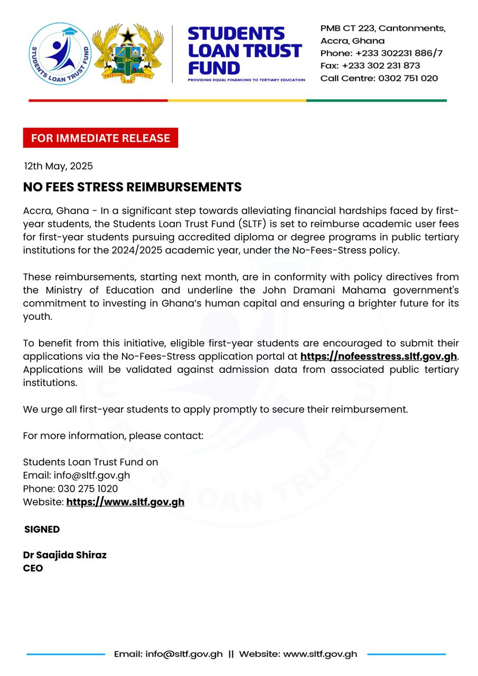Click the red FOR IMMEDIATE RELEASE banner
tap(100, 138)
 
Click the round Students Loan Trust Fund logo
tap(60, 54)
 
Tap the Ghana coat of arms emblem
tap(128, 53)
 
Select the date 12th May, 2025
tap(58, 166)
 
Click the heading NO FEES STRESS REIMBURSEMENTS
tap(132, 187)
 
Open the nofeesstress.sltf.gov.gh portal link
tap(378, 356)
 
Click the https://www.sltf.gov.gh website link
tap(125, 502)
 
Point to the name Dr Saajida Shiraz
tap(64, 555)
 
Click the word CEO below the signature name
tap(33, 569)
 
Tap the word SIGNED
tap(42, 529)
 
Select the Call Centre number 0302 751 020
tap(408, 78)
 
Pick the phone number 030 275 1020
tap(88, 489)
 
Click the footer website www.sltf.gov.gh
tap(320, 654)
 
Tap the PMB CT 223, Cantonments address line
tap(382, 28)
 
